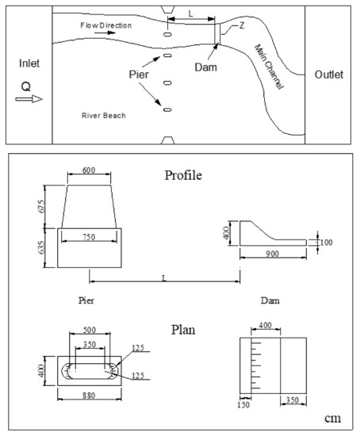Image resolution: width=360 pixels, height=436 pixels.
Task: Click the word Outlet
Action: coord(328,75)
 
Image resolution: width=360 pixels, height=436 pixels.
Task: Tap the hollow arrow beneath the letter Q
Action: coord(27,100)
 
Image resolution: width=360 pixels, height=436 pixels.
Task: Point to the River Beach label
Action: coord(105,116)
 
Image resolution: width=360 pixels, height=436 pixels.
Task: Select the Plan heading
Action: coord(184,327)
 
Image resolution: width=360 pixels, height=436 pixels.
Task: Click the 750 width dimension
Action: coord(92,235)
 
